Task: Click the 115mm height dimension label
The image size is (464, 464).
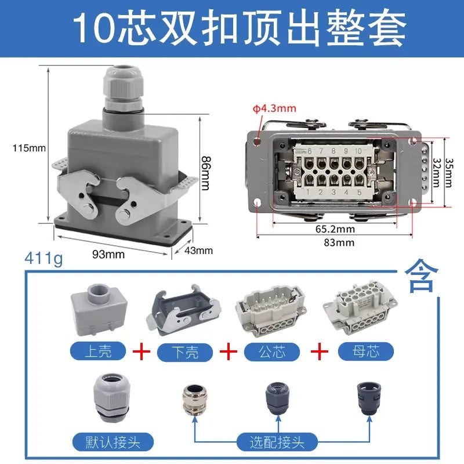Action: [29, 148]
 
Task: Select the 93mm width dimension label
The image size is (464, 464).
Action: [108, 254]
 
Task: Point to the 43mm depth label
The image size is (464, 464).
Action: [198, 251]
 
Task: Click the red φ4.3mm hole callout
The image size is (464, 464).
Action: [274, 108]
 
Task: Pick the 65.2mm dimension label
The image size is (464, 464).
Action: [335, 229]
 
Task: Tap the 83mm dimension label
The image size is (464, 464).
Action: [339, 242]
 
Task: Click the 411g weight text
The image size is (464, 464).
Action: [44, 258]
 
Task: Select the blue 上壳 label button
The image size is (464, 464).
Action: [98, 351]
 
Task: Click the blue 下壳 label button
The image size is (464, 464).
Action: [185, 352]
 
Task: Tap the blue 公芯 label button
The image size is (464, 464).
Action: [272, 352]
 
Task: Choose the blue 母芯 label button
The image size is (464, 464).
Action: [366, 351]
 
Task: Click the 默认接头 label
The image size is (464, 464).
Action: [113, 442]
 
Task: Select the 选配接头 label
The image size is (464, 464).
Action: [277, 442]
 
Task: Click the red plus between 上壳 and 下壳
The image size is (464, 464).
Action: [141, 351]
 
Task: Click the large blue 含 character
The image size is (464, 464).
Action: [421, 276]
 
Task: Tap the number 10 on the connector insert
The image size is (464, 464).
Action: [358, 151]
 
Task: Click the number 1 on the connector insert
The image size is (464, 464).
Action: [308, 191]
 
